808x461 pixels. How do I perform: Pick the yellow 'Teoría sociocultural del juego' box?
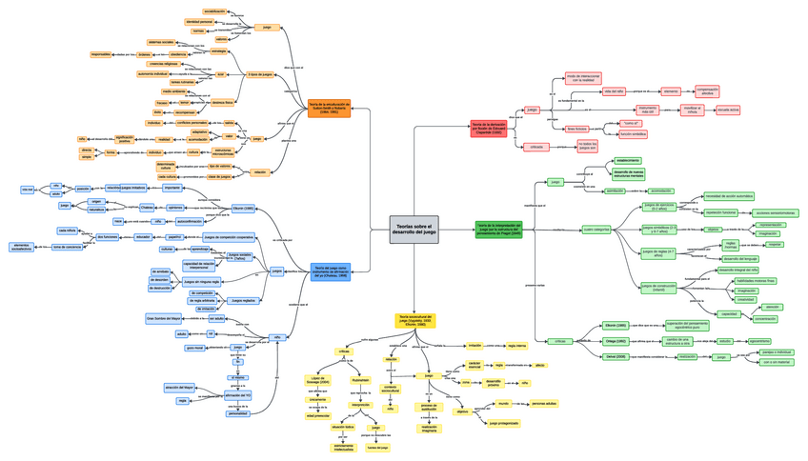tap(415, 320)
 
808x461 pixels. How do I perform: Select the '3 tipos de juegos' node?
tap(260, 73)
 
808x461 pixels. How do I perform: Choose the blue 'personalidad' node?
tap(237, 414)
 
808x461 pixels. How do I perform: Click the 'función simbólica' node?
tap(634, 134)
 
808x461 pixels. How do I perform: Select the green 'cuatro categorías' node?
tap(596, 229)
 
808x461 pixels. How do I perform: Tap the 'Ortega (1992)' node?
tap(616, 340)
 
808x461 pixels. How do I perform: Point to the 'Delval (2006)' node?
tap(615, 356)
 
